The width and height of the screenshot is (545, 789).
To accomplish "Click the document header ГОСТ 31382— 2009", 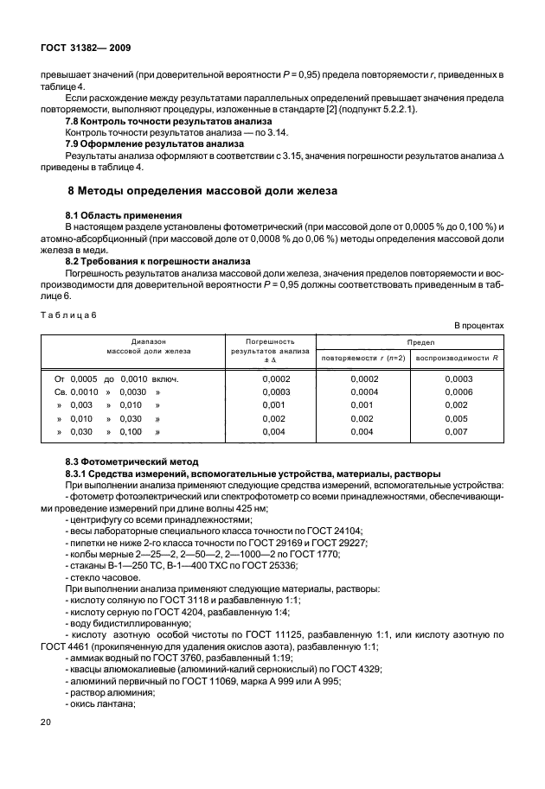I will click(83, 48).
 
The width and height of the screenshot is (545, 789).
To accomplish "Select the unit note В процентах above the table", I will click(478, 325).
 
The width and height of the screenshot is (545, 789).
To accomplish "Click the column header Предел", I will click(407, 342).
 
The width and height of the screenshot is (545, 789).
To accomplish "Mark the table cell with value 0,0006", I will click(458, 391).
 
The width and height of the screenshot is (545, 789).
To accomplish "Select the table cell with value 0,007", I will click(458, 430).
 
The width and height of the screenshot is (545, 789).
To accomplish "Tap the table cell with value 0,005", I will click(458, 417).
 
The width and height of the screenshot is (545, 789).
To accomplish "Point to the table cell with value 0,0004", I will click(363, 391).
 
